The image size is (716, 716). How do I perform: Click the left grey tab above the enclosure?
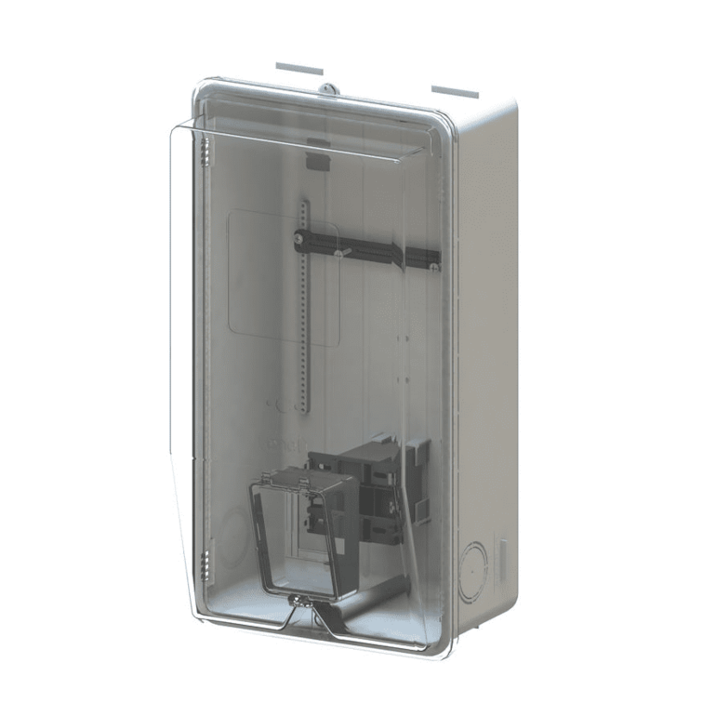click(298, 69)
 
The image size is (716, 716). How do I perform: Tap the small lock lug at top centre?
click(325, 89)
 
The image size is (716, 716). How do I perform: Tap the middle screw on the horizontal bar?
click(343, 250)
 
